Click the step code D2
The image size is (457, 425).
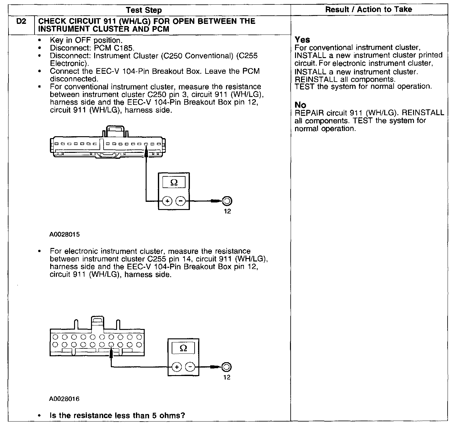pyautogui.click(x=21, y=22)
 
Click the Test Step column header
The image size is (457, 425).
pyautogui.click(x=144, y=10)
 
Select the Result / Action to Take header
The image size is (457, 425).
pyautogui.click(x=368, y=9)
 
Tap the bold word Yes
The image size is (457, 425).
pyautogui.click(x=302, y=40)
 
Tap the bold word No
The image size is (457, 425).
pyautogui.click(x=300, y=105)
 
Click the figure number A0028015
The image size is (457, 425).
pyautogui.click(x=64, y=234)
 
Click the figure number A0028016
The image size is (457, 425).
pyautogui.click(x=64, y=399)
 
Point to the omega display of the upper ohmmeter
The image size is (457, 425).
pyautogui.click(x=174, y=183)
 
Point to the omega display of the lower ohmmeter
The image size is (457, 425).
pyautogui.click(x=184, y=348)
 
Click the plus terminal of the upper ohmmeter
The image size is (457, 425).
pyautogui.click(x=168, y=201)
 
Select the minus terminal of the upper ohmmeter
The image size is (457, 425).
pyautogui.click(x=180, y=201)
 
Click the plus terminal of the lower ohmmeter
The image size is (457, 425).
pyautogui.click(x=177, y=367)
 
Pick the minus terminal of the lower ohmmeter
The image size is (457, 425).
pyautogui.click(x=190, y=367)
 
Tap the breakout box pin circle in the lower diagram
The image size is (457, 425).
pyautogui.click(x=226, y=367)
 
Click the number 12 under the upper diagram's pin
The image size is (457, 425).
pyautogui.click(x=227, y=211)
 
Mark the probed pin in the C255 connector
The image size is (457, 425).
pyautogui.click(x=111, y=344)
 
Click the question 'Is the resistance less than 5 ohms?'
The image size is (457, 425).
pyautogui.click(x=117, y=416)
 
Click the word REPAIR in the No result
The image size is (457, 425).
pyautogui.click(x=309, y=113)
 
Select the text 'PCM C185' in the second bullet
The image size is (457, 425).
pyautogui.click(x=114, y=48)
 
